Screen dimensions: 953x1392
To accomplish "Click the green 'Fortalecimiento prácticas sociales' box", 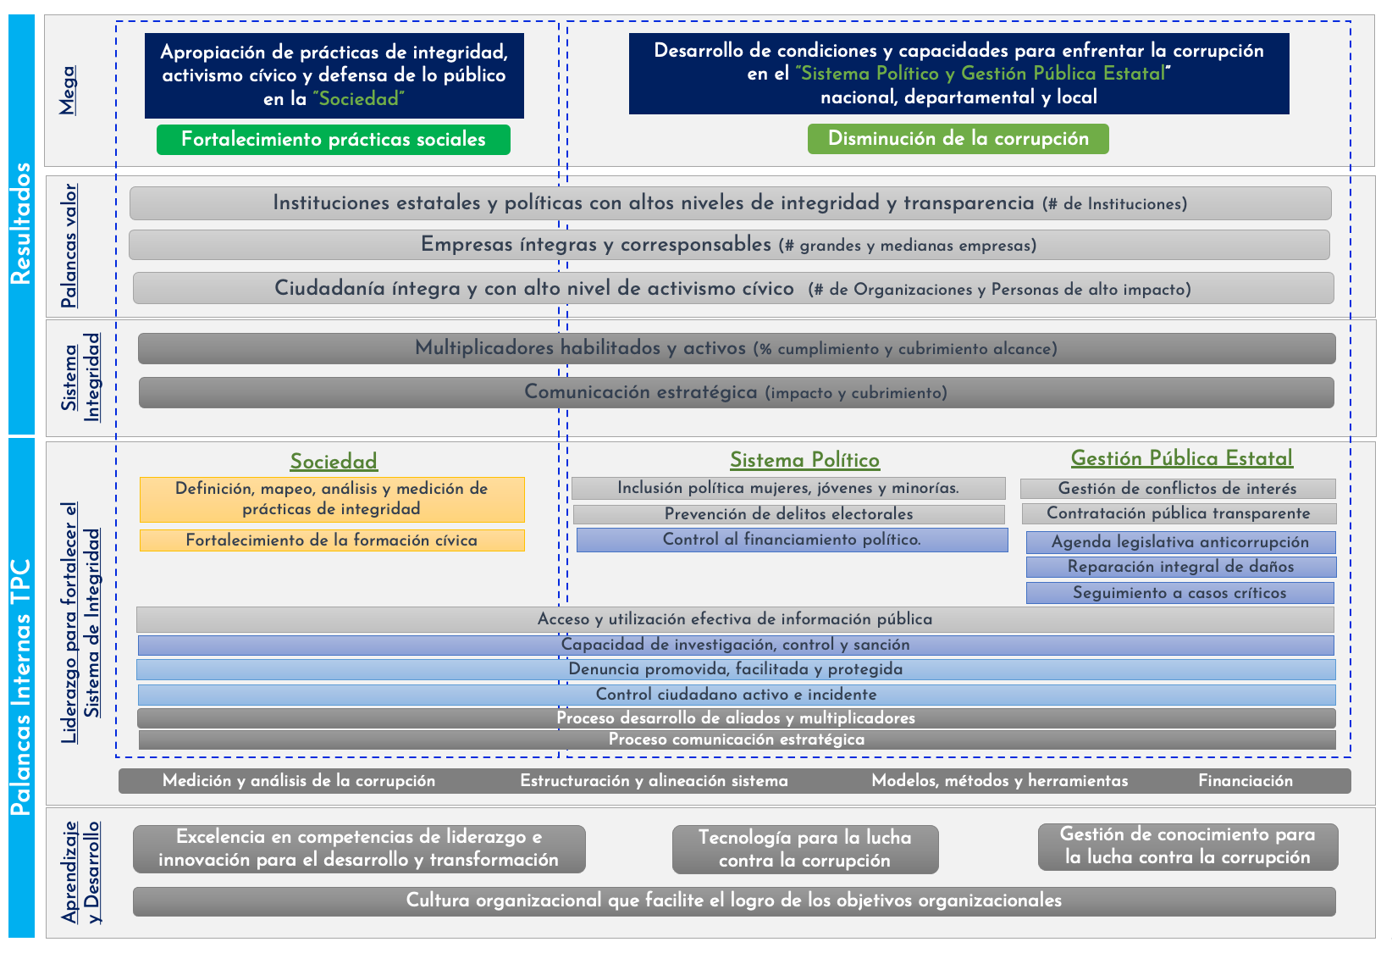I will [x=333, y=140].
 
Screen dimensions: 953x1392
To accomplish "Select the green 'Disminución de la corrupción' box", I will [x=958, y=139].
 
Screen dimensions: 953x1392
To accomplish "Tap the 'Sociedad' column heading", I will [x=334, y=462].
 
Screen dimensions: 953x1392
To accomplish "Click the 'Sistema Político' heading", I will [x=804, y=460].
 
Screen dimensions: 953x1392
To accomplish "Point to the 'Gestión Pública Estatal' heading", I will [x=1181, y=458].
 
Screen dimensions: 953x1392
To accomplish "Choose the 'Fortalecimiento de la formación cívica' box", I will [x=332, y=540].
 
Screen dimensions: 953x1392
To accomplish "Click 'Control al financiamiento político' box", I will [x=792, y=540].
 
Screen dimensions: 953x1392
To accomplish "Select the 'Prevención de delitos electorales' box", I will [x=788, y=514].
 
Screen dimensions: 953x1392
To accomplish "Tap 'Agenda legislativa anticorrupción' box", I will [x=1180, y=542].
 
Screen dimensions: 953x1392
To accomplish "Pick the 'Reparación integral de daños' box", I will [x=1180, y=567].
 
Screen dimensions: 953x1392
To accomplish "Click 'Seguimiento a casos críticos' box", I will [x=1179, y=593].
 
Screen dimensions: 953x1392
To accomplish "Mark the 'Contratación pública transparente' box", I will [x=1179, y=513].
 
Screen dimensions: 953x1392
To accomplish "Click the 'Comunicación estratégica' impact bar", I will [x=736, y=392].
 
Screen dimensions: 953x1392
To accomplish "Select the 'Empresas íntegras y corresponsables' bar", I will [x=729, y=245].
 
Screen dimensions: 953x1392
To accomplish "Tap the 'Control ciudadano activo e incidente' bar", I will [x=736, y=695].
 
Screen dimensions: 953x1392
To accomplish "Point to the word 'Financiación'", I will [x=1245, y=781].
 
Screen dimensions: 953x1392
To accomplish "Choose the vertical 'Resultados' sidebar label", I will [x=21, y=224].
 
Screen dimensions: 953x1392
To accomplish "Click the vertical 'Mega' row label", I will [x=68, y=90].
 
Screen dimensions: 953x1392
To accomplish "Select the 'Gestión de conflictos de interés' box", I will [x=1177, y=489].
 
